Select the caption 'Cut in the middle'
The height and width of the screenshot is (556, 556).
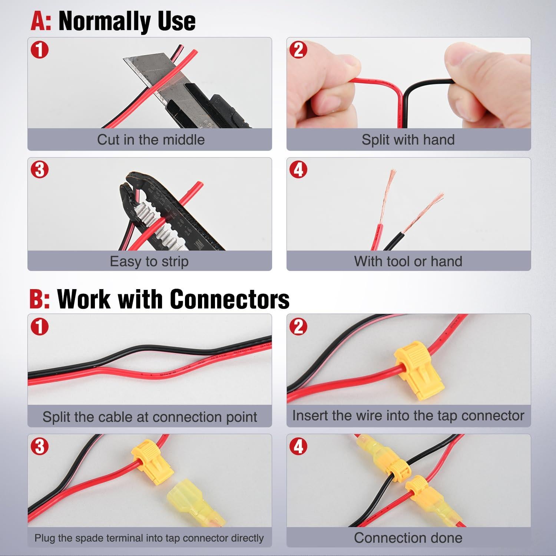150,140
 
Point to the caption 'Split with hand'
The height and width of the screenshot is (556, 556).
408,140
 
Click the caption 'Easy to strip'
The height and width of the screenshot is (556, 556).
149,261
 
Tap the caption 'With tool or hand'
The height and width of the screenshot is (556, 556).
408,261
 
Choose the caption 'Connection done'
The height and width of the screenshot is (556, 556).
408,537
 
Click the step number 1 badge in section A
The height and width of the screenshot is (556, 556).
40,50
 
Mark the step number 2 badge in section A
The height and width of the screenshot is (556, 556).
298,50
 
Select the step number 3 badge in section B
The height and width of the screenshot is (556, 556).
40,446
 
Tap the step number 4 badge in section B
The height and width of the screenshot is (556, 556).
298,446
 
